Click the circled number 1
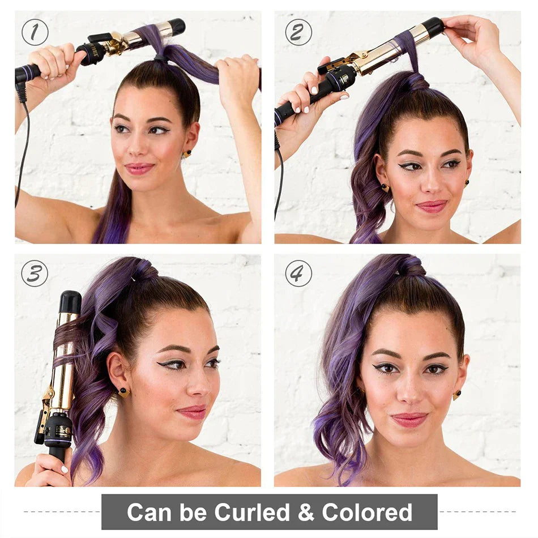[x=35, y=32]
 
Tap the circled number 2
[x=298, y=32]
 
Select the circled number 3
[x=35, y=274]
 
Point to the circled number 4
[x=298, y=274]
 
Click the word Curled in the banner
[x=252, y=512]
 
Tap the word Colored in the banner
[x=367, y=512]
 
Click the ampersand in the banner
[x=306, y=513]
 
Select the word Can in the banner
[x=150, y=513]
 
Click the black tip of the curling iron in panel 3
[x=70, y=302]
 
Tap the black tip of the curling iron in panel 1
[x=177, y=27]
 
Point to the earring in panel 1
[x=187, y=153]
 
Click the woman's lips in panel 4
[x=409, y=419]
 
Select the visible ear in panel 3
[x=117, y=370]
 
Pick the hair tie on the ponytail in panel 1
[x=161, y=58]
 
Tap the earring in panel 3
[x=124, y=392]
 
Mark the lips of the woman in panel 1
[x=139, y=168]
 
